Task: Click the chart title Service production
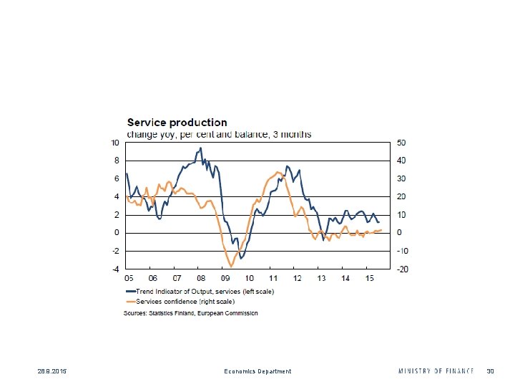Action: tap(177, 123)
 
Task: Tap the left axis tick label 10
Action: tap(115, 142)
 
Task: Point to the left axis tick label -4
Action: tap(116, 269)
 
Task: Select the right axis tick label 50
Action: tap(402, 142)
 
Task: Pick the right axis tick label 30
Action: tap(402, 178)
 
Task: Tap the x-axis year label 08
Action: tap(200, 278)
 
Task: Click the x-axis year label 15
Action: tap(368, 278)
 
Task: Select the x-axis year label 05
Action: tap(129, 278)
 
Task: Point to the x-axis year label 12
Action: tap(297, 278)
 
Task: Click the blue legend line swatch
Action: tap(130, 292)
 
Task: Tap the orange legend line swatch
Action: tap(130, 302)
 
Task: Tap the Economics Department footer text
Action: tap(257, 371)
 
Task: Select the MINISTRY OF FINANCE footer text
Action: tap(436, 371)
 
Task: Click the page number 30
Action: tap(491, 371)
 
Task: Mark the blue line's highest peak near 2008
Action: tap(200, 148)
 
